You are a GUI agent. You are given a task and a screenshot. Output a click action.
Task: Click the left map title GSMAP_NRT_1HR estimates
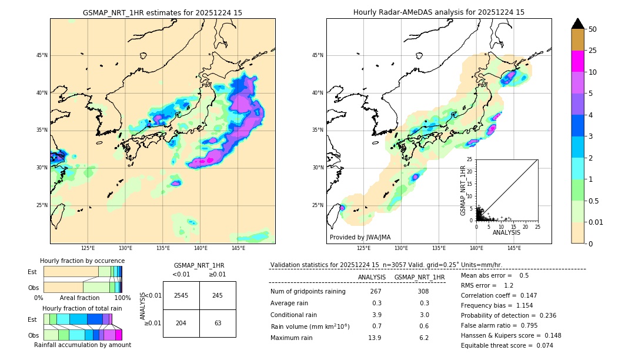[x=162, y=12]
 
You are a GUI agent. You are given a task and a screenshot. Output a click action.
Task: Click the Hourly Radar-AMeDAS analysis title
[x=439, y=12]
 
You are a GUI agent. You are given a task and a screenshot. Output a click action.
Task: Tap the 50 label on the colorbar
[x=593, y=29]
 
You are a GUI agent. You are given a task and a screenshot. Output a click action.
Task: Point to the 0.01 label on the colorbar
[x=596, y=222]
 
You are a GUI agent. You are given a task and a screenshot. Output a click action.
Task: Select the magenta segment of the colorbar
[x=578, y=61]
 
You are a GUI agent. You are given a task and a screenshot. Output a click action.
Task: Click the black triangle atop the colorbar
[x=578, y=24]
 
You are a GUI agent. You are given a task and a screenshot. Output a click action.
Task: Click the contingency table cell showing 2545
[x=181, y=295]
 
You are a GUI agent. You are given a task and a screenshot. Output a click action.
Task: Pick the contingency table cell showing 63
[x=218, y=323]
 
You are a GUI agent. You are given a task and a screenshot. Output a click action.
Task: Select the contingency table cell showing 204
[x=181, y=323]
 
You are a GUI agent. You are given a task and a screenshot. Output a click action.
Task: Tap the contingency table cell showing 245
[x=218, y=295]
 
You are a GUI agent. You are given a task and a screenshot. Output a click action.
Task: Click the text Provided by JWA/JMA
[x=360, y=238]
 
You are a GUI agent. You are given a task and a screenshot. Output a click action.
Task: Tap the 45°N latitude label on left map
[x=42, y=55]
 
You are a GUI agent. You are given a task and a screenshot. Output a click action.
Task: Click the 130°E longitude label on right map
[x=402, y=249]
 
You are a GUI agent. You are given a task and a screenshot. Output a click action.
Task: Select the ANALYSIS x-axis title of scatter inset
[x=506, y=232]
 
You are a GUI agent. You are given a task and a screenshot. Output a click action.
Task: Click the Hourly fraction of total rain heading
[x=82, y=308]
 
